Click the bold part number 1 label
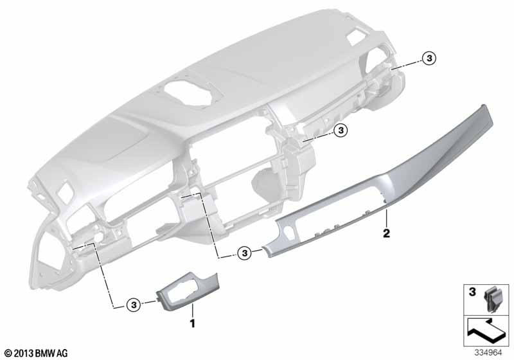coord(193,323)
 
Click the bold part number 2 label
coord(387,233)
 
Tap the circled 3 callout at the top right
coord(429,59)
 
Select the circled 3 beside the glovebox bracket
coord(341,130)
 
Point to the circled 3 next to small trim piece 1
coord(134,305)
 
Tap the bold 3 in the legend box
coord(472,292)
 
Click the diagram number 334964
coord(488,353)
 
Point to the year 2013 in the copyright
coord(24,354)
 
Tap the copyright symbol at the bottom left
coord(9,354)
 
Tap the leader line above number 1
coord(193,310)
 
